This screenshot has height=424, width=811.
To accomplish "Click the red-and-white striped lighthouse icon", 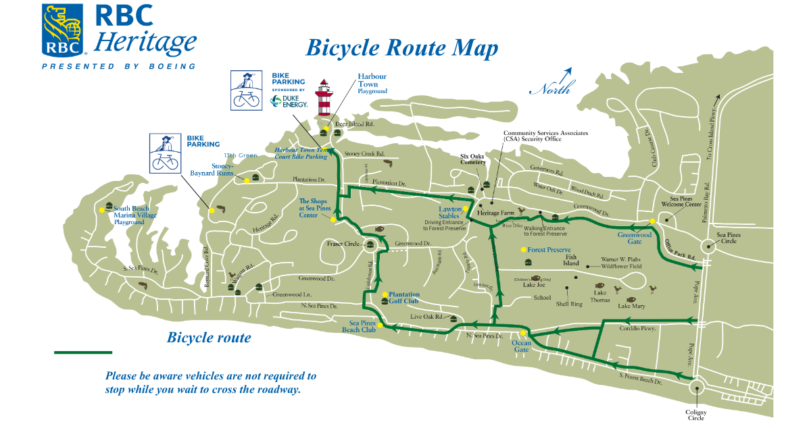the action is point(325,98).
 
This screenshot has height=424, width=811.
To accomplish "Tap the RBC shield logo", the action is point(63,30).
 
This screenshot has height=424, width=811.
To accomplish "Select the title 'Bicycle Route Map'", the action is point(402,48).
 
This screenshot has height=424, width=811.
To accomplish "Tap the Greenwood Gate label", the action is point(635,238).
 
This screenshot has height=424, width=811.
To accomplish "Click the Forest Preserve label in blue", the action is point(549,250).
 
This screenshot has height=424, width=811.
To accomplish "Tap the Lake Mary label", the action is point(632,307).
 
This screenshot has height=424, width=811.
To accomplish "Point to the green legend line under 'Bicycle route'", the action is point(83,352).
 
